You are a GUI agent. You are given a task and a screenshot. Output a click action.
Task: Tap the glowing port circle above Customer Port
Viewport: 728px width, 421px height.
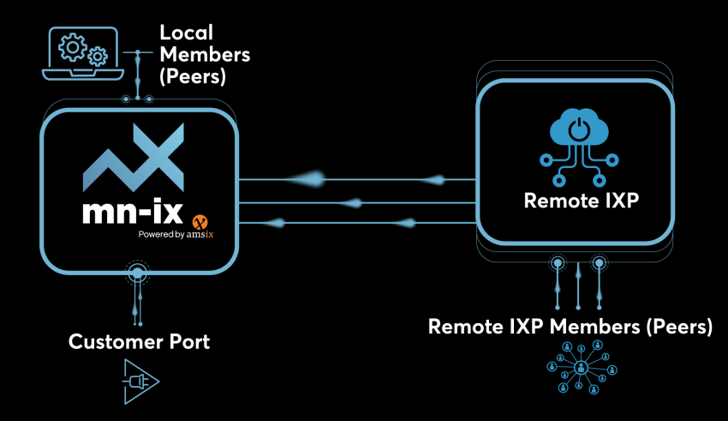pos(136,274)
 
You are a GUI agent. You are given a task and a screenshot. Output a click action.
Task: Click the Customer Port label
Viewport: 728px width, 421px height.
pos(139,342)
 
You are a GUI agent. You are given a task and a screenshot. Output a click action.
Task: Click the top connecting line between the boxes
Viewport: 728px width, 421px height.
pos(355,179)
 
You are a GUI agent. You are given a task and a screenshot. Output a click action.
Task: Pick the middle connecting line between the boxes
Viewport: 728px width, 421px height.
pos(355,203)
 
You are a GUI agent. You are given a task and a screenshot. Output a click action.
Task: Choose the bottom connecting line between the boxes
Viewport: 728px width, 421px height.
pos(355,225)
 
